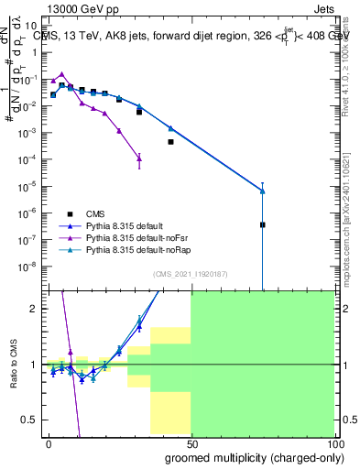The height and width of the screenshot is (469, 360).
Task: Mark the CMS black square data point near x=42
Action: pyautogui.click(x=170, y=142)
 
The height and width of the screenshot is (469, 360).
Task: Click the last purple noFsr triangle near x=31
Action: pyautogui.click(x=139, y=158)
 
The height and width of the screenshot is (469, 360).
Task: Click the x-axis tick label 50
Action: pyautogui.click(x=191, y=442)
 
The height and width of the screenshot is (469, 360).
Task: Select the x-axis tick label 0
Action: pyautogui.click(x=49, y=442)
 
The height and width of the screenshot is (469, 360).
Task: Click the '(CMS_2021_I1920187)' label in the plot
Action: pyautogui.click(x=190, y=274)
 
